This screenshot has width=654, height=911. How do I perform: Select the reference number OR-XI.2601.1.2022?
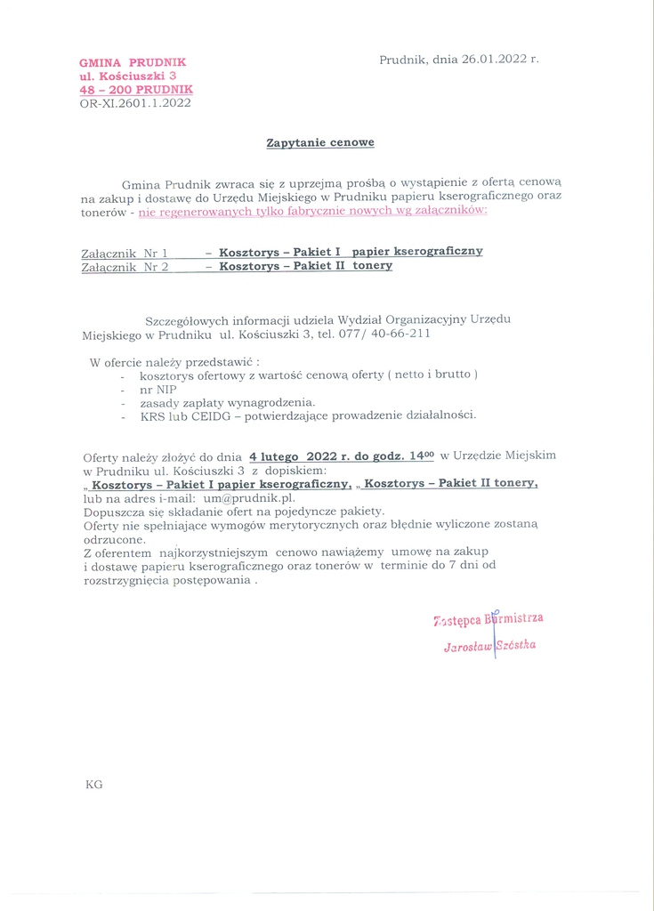click(135, 103)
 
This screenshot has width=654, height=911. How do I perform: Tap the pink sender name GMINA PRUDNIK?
click(133, 62)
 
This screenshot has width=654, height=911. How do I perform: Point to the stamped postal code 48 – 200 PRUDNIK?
click(135, 90)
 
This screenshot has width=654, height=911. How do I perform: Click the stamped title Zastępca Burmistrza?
click(488, 619)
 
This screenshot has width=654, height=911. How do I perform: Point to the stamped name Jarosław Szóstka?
click(489, 646)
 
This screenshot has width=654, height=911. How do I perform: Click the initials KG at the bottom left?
click(93, 785)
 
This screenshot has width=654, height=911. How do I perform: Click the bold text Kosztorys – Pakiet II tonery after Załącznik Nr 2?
click(305, 266)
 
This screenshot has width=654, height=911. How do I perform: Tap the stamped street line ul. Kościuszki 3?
click(128, 77)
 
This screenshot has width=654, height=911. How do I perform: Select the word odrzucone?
click(113, 539)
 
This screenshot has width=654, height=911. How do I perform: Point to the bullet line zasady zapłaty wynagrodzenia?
click(228, 402)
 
